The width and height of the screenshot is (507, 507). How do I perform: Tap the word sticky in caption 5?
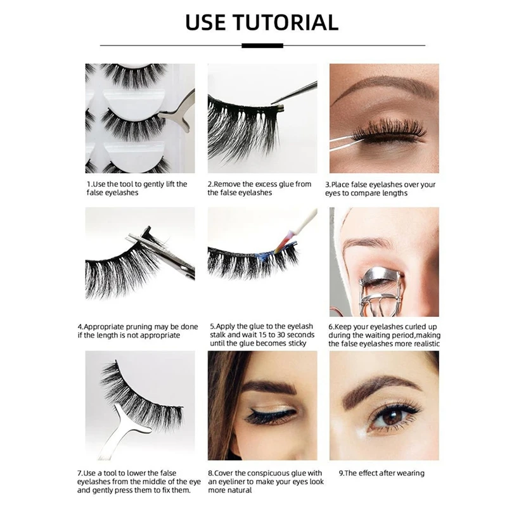[295, 343]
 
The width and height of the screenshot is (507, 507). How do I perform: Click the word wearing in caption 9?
[409, 473]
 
